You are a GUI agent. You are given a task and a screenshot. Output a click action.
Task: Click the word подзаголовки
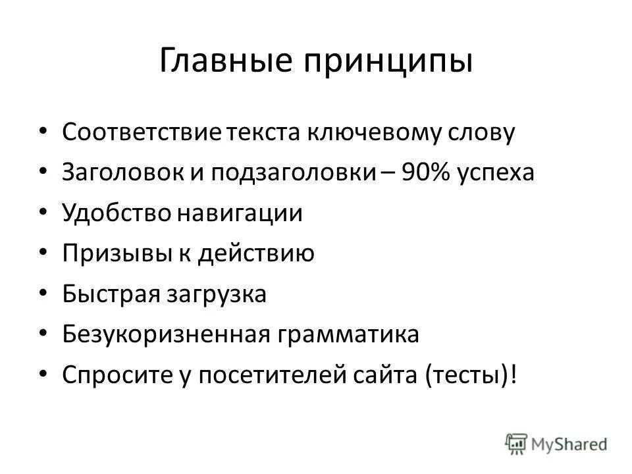293,174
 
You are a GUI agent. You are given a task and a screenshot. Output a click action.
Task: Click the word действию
262,254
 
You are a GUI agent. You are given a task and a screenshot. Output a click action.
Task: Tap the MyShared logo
556,442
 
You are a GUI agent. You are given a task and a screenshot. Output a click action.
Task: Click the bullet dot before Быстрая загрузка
43,293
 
